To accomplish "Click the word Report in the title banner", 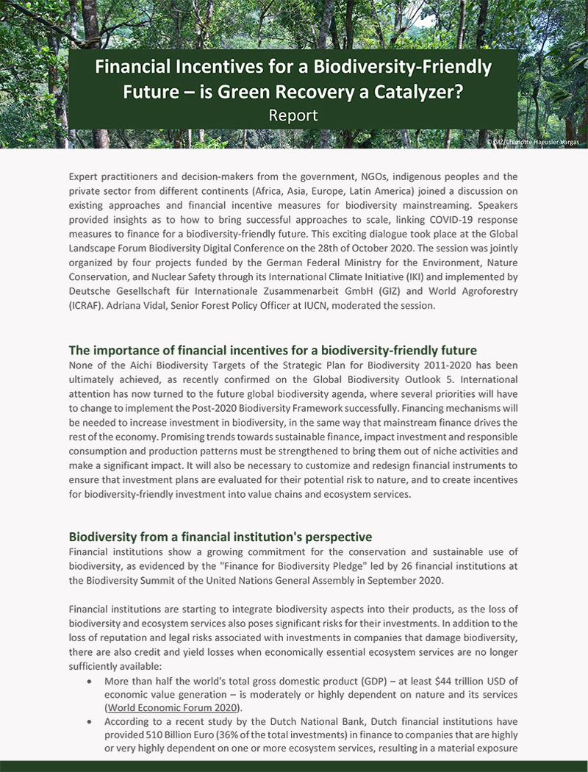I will pos(293,115).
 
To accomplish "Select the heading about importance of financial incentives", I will pos(273,350).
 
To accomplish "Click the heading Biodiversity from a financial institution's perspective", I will pos(220,537).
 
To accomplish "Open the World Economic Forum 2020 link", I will pos(173,707).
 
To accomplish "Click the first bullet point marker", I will pos(89,682).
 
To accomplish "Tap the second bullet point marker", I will pos(89,721).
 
